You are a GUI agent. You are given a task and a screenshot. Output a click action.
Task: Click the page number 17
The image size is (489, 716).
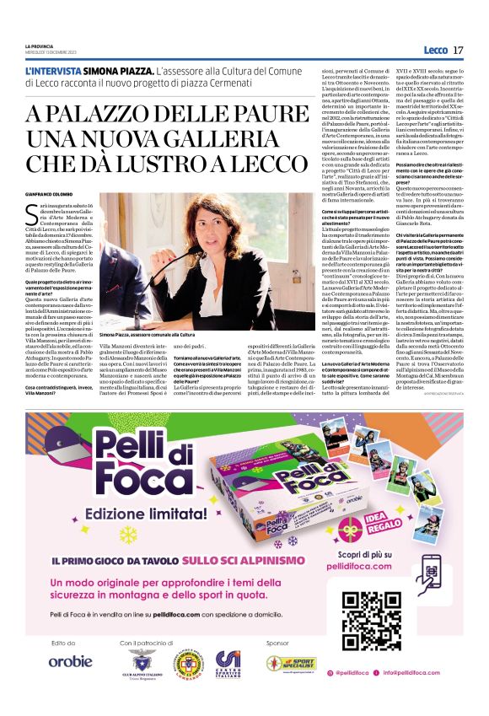point(458,51)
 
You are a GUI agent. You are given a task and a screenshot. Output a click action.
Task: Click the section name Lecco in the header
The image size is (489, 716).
point(436,51)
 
